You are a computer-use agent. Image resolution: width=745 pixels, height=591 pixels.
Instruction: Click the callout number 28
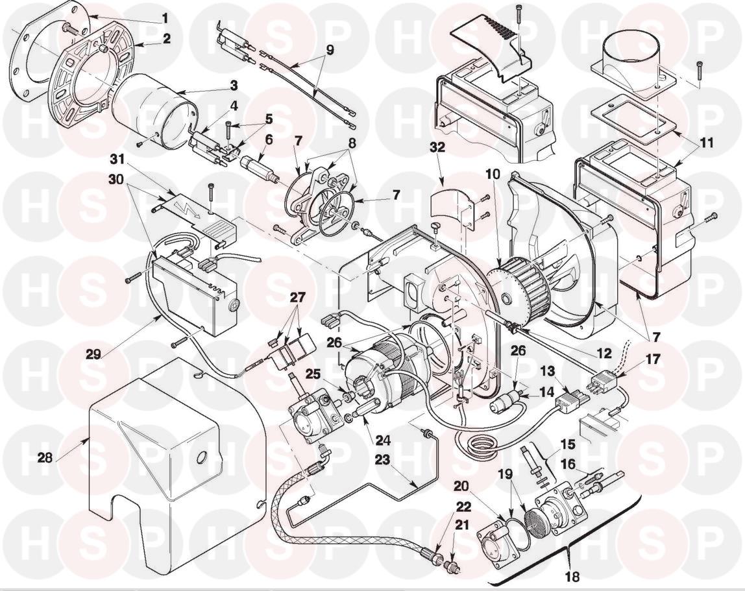(x=44, y=457)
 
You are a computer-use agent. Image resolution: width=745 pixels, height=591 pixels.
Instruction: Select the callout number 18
(x=572, y=575)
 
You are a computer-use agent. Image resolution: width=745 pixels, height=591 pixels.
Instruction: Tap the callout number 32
(x=437, y=147)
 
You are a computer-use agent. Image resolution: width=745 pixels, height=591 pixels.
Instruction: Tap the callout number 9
(x=330, y=49)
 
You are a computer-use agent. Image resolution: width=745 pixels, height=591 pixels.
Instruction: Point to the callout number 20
(x=461, y=486)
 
